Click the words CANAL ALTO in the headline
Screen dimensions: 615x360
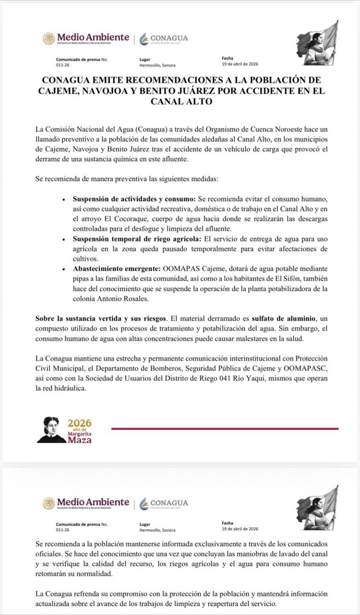point(180,101)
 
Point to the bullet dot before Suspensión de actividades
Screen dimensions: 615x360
point(64,199)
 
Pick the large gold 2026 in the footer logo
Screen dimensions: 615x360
point(79,423)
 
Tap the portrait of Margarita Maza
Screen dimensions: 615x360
point(51,430)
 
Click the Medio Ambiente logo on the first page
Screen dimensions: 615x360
point(87,38)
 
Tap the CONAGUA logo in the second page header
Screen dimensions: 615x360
point(164,503)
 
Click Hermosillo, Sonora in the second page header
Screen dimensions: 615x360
point(157,530)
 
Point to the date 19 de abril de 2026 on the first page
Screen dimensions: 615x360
point(240,64)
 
